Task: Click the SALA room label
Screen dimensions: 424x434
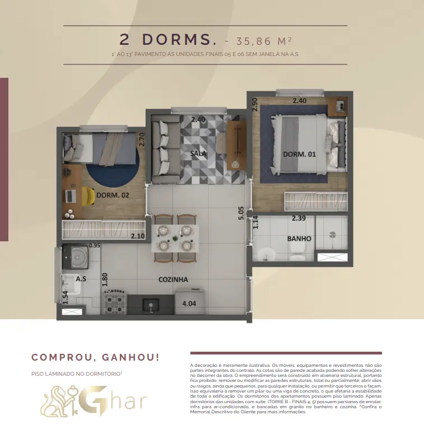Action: pos(198,153)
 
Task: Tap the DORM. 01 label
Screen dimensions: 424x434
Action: pos(299,154)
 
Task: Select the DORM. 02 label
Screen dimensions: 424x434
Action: pos(113,195)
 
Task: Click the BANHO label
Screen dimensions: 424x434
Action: pos(299,239)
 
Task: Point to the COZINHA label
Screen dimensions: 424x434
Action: pos(173,279)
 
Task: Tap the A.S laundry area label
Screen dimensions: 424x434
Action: pos(81,279)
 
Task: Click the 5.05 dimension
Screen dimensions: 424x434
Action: pos(241,213)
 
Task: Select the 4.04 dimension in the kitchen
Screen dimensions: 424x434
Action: pos(189,304)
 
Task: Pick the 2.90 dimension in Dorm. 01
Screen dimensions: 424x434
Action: pos(255,104)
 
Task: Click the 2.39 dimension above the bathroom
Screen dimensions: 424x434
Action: pos(299,218)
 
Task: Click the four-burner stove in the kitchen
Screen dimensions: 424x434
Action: pos(115,302)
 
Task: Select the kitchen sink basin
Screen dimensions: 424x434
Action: pos(151,305)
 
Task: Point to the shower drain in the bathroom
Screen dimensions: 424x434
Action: pos(332,235)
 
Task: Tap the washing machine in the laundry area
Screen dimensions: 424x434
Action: pos(76,256)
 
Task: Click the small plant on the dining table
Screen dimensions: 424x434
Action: pos(175,239)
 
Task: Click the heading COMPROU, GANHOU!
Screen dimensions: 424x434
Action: pos(95,357)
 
